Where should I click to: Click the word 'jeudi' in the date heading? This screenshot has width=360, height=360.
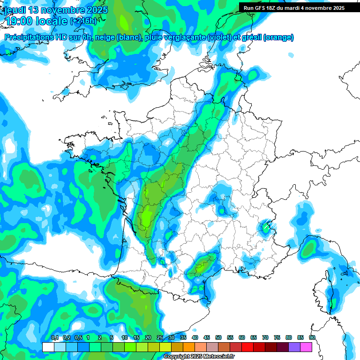pos(15,10)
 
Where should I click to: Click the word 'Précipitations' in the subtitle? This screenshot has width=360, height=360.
pos(30,37)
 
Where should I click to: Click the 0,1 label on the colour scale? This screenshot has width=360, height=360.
pos(54,337)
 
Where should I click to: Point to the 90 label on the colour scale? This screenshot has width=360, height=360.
pos(312,337)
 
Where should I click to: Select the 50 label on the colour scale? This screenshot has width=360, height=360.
pos(218,337)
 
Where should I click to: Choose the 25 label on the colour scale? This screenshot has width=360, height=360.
pos(160,337)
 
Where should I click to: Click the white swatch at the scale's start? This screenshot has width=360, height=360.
pos(48,347)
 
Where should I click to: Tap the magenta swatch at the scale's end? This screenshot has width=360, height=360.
pos(306,347)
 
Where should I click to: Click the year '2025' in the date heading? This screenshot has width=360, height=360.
pos(95,10)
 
